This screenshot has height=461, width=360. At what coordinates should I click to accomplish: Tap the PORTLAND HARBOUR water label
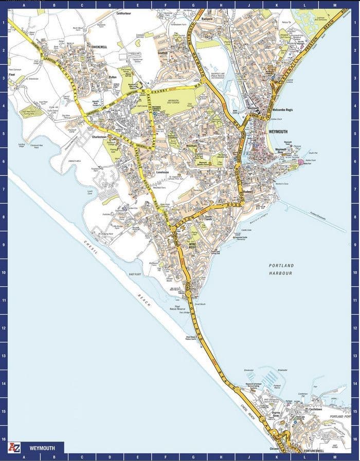281,269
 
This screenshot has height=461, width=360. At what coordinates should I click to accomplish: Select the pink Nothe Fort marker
301,162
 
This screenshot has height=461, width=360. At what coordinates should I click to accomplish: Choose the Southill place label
164,52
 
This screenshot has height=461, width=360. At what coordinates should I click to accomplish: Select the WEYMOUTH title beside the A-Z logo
40,447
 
